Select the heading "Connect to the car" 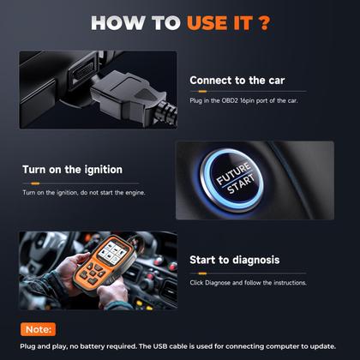(237, 81)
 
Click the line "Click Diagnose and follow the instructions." (249, 282)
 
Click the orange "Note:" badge (38, 328)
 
